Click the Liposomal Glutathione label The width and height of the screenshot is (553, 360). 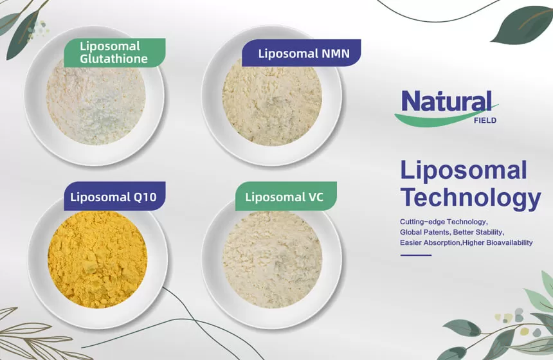[114, 52]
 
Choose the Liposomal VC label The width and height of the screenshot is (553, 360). [284, 197]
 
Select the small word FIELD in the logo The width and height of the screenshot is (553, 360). [485, 120]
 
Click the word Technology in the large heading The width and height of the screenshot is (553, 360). [470, 197]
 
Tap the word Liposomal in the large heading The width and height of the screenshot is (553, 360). [463, 170]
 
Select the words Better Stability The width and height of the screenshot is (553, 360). [482, 231]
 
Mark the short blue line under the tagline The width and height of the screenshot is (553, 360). [415, 255]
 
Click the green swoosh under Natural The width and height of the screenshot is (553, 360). [437, 119]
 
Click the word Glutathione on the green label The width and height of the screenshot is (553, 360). [114, 59]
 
